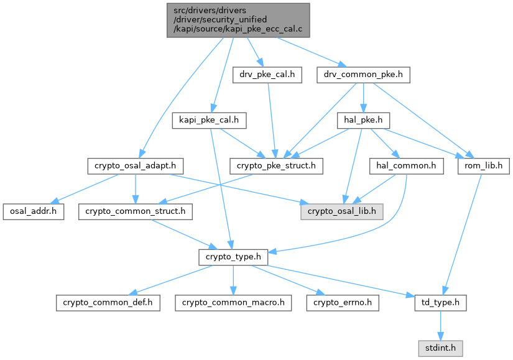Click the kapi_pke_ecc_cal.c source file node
click(x=238, y=20)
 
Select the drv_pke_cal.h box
click(x=267, y=75)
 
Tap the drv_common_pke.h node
click(x=363, y=75)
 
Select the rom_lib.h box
click(x=483, y=166)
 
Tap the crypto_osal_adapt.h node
click(x=135, y=166)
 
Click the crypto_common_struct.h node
click(x=135, y=211)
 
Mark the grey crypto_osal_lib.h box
click(x=342, y=211)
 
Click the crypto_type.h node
click(x=233, y=257)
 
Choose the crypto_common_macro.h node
click(x=233, y=302)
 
